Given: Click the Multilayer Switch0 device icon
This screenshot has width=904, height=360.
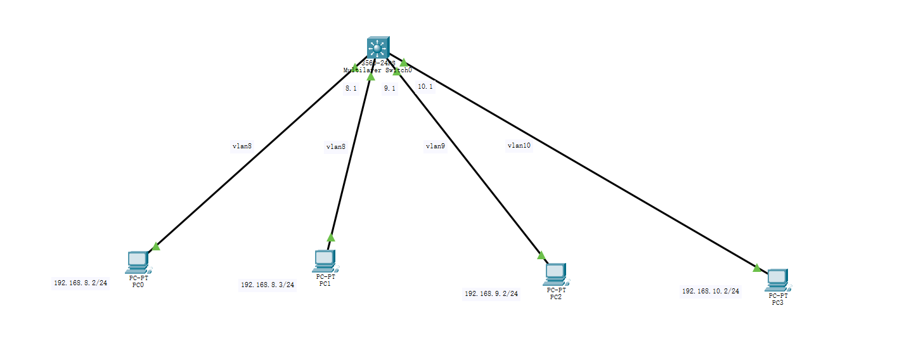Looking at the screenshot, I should [x=377, y=48].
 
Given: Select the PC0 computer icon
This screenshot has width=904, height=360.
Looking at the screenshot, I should [x=138, y=260].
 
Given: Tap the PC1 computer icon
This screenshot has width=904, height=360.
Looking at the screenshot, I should [x=325, y=259].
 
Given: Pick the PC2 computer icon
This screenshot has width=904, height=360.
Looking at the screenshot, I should [x=555, y=273].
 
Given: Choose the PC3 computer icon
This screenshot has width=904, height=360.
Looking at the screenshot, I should [x=777, y=280].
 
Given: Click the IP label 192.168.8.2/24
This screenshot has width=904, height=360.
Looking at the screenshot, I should [x=81, y=283].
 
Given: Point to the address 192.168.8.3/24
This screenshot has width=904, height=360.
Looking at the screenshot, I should [x=268, y=285].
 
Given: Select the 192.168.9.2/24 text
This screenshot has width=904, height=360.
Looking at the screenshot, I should [x=491, y=294].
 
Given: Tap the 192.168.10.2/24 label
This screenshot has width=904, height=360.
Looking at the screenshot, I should [x=711, y=292].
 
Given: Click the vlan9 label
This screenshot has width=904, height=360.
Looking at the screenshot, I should [x=435, y=146].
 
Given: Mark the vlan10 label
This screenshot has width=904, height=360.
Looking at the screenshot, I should [x=519, y=145].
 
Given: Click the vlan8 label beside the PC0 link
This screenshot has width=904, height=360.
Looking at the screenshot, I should [x=242, y=146].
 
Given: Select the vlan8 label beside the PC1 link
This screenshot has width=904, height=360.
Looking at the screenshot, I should [x=335, y=146].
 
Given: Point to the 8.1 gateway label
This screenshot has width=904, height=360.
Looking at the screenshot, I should [x=351, y=89].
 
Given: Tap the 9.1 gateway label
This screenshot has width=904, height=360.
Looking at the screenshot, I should [x=389, y=89].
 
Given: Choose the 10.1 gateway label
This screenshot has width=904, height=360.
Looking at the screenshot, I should [x=425, y=86].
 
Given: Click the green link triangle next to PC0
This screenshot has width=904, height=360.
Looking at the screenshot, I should [x=155, y=247].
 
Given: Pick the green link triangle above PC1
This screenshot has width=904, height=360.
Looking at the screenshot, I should [x=330, y=238].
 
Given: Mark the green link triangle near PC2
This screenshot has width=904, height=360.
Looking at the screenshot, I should [x=541, y=255].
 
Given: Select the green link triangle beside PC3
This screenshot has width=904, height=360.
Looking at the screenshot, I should [x=756, y=268].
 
